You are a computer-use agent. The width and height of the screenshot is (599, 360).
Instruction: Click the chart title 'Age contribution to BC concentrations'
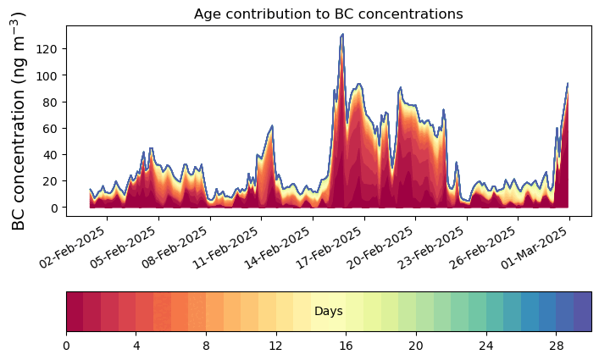coord(328,14)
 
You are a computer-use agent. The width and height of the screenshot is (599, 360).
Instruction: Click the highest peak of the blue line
coord(342,35)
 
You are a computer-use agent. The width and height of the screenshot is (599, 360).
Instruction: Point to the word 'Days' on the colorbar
coord(328,312)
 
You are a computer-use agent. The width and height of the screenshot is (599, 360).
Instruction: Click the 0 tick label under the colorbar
coord(66,346)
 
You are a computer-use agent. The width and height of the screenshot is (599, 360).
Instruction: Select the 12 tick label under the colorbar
coord(275,346)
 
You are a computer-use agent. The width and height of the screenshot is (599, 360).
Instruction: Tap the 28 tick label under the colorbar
coord(556,346)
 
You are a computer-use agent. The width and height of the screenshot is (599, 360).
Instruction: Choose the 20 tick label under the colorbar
coord(415,346)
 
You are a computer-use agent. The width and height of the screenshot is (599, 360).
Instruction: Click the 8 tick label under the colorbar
coord(206,346)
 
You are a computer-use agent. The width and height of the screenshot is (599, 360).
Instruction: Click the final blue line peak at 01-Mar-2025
coord(568,83)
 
